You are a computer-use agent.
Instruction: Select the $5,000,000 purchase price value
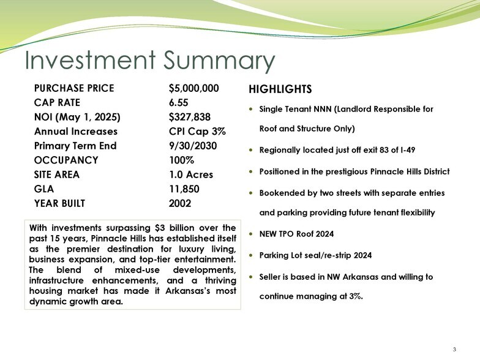pos(193,88)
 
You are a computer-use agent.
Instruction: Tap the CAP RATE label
pos(57,103)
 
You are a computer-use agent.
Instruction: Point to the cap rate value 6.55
pos(179,103)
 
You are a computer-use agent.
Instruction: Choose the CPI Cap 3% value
pos(197,132)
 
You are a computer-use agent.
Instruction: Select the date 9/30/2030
pos(193,146)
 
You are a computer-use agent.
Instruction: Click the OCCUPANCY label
pos(66,160)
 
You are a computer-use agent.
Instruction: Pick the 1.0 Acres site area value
pos(191,174)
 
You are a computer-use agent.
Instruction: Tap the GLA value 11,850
pos(184,189)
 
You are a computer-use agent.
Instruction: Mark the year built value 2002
pos(180,203)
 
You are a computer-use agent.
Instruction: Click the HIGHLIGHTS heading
pos(280,89)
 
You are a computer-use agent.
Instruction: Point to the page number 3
pos(454,349)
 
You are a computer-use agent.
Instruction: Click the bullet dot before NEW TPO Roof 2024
pos(252,234)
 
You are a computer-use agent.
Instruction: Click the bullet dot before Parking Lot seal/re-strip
pos(252,256)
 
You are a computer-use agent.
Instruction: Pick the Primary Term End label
pos(75,146)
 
